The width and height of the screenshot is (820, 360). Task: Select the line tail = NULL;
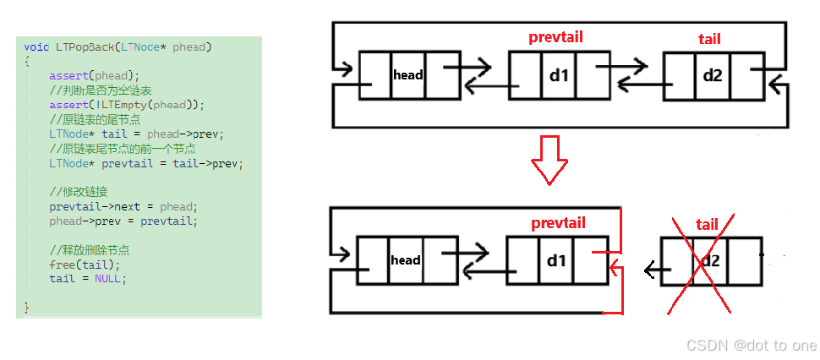coord(88,278)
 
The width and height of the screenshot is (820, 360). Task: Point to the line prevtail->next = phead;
coord(123,207)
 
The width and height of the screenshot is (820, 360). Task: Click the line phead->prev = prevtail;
coord(123,221)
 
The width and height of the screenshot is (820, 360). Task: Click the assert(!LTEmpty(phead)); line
coord(127,105)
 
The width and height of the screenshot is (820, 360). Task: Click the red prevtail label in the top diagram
coord(555,37)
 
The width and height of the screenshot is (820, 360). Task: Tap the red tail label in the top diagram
coord(709,39)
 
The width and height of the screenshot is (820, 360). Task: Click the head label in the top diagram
coord(407,75)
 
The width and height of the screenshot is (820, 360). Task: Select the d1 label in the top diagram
coord(560,75)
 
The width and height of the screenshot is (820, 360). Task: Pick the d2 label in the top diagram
coord(713,75)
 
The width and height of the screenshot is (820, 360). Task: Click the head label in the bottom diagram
coord(406,260)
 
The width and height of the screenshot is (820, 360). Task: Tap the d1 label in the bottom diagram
coord(556,260)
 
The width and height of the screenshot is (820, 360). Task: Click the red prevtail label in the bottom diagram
coord(558,223)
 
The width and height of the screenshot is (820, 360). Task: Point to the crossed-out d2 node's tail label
coord(707,224)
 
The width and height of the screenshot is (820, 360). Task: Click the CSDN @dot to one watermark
coord(752,345)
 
